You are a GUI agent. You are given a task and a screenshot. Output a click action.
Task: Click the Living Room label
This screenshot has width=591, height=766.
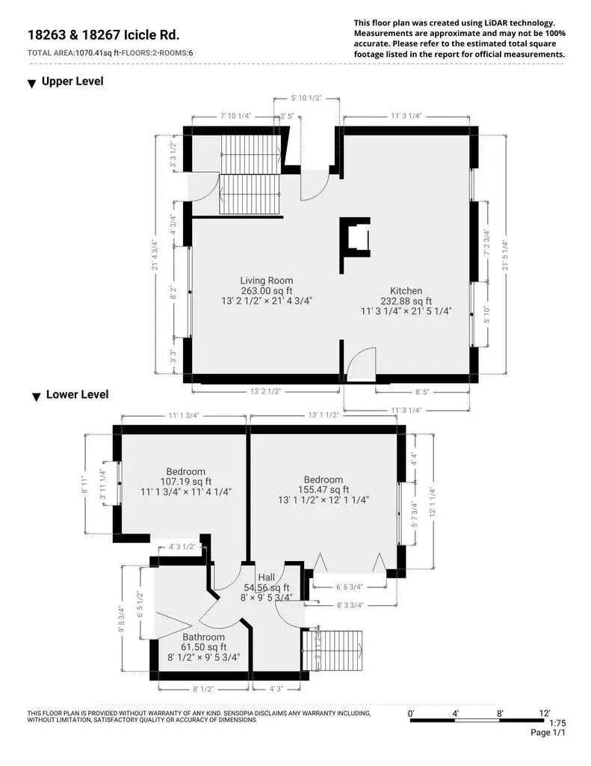[x=267, y=281]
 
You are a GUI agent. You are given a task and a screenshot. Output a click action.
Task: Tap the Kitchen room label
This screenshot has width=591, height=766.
[x=406, y=291]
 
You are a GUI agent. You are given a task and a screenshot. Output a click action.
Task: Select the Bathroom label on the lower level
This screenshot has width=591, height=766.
[x=203, y=637]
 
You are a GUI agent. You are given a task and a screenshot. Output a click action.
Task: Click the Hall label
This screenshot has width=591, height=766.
[x=267, y=577]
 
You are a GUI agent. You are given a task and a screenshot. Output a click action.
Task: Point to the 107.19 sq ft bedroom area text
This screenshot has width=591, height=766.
[x=186, y=482]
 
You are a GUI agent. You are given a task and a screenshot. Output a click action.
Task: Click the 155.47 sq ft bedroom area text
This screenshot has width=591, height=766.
[x=324, y=489]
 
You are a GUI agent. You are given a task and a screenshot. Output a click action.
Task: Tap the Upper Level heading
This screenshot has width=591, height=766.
[x=72, y=81]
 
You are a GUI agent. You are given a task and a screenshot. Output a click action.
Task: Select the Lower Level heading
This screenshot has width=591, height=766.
[x=77, y=394]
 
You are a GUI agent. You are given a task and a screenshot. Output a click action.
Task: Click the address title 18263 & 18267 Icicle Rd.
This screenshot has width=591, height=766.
[x=103, y=35]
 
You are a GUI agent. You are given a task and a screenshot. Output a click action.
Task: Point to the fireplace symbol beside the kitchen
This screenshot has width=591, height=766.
[x=356, y=245]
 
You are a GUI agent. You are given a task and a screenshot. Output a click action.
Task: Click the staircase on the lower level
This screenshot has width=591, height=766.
[x=332, y=651]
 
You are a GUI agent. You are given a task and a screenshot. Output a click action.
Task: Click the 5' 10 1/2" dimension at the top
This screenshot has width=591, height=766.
[x=306, y=98]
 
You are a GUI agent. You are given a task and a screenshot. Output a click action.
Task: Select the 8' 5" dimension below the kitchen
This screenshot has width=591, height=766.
[x=422, y=392]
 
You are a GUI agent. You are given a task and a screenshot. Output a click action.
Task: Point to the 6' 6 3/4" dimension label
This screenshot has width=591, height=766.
[x=350, y=586]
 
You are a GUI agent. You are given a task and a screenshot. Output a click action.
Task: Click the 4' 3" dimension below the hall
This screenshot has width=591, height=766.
[x=276, y=689]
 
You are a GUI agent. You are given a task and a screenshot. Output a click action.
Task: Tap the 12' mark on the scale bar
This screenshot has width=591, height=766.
[x=544, y=713]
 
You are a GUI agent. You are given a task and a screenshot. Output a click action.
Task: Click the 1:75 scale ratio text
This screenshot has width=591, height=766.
[x=557, y=723]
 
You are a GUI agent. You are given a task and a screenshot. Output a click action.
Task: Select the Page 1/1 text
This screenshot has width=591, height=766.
[x=548, y=732]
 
